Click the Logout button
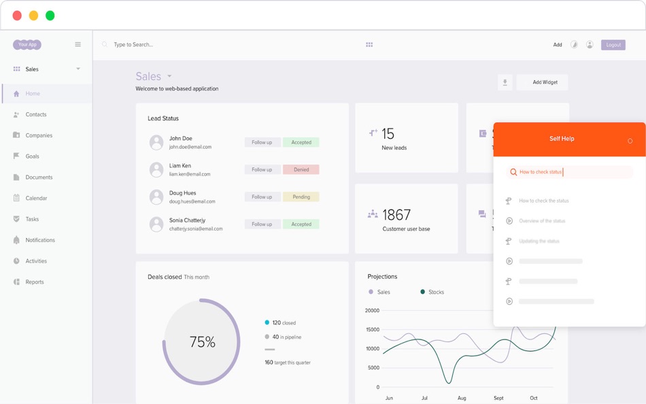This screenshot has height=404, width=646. tap(613, 45)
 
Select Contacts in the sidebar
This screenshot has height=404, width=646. tap(36, 114)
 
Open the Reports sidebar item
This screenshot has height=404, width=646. tap(35, 282)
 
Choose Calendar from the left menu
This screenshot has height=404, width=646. tap(36, 198)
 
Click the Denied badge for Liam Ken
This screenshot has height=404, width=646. tap(301, 169)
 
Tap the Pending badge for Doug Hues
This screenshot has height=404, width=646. tap(301, 197)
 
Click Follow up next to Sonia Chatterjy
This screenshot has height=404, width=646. tap(262, 224)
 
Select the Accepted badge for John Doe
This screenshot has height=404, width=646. tap(301, 142)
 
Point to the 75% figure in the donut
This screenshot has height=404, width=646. tap(202, 342)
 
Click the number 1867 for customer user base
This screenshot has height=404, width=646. tap(396, 215)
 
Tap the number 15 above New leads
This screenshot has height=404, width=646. tap(388, 134)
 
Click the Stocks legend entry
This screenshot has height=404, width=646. tap(436, 292)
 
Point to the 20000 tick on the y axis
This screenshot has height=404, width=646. tap(372, 310)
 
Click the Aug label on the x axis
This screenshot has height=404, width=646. tap(462, 398)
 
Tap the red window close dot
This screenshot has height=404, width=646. tap(17, 16)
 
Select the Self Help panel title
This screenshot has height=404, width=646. tap(562, 139)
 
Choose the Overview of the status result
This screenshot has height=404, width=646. tap(542, 221)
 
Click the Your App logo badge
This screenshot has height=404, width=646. tap(27, 45)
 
